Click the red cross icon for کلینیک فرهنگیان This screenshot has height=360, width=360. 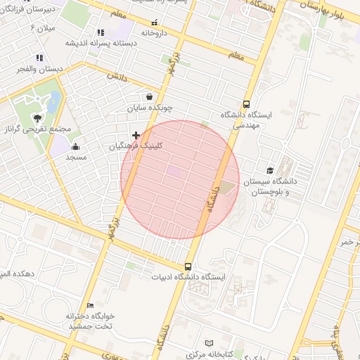[136, 134]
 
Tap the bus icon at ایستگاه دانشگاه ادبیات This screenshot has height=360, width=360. [188, 266]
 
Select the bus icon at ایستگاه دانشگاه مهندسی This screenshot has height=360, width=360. [246, 103]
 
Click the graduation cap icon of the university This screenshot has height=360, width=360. [270, 170]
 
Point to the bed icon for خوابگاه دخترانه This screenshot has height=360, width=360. [90, 305]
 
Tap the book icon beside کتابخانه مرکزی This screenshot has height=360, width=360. [208, 343]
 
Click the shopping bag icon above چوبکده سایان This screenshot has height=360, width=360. [149, 97]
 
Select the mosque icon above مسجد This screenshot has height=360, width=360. [75, 146]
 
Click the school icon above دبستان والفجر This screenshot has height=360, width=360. [39, 58]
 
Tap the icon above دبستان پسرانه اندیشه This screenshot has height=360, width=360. [101, 32]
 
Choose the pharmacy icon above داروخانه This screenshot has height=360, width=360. [154, 22]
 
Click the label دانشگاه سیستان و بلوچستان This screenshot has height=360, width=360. [271, 186]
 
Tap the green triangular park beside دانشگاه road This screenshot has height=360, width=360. [226, 188]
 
